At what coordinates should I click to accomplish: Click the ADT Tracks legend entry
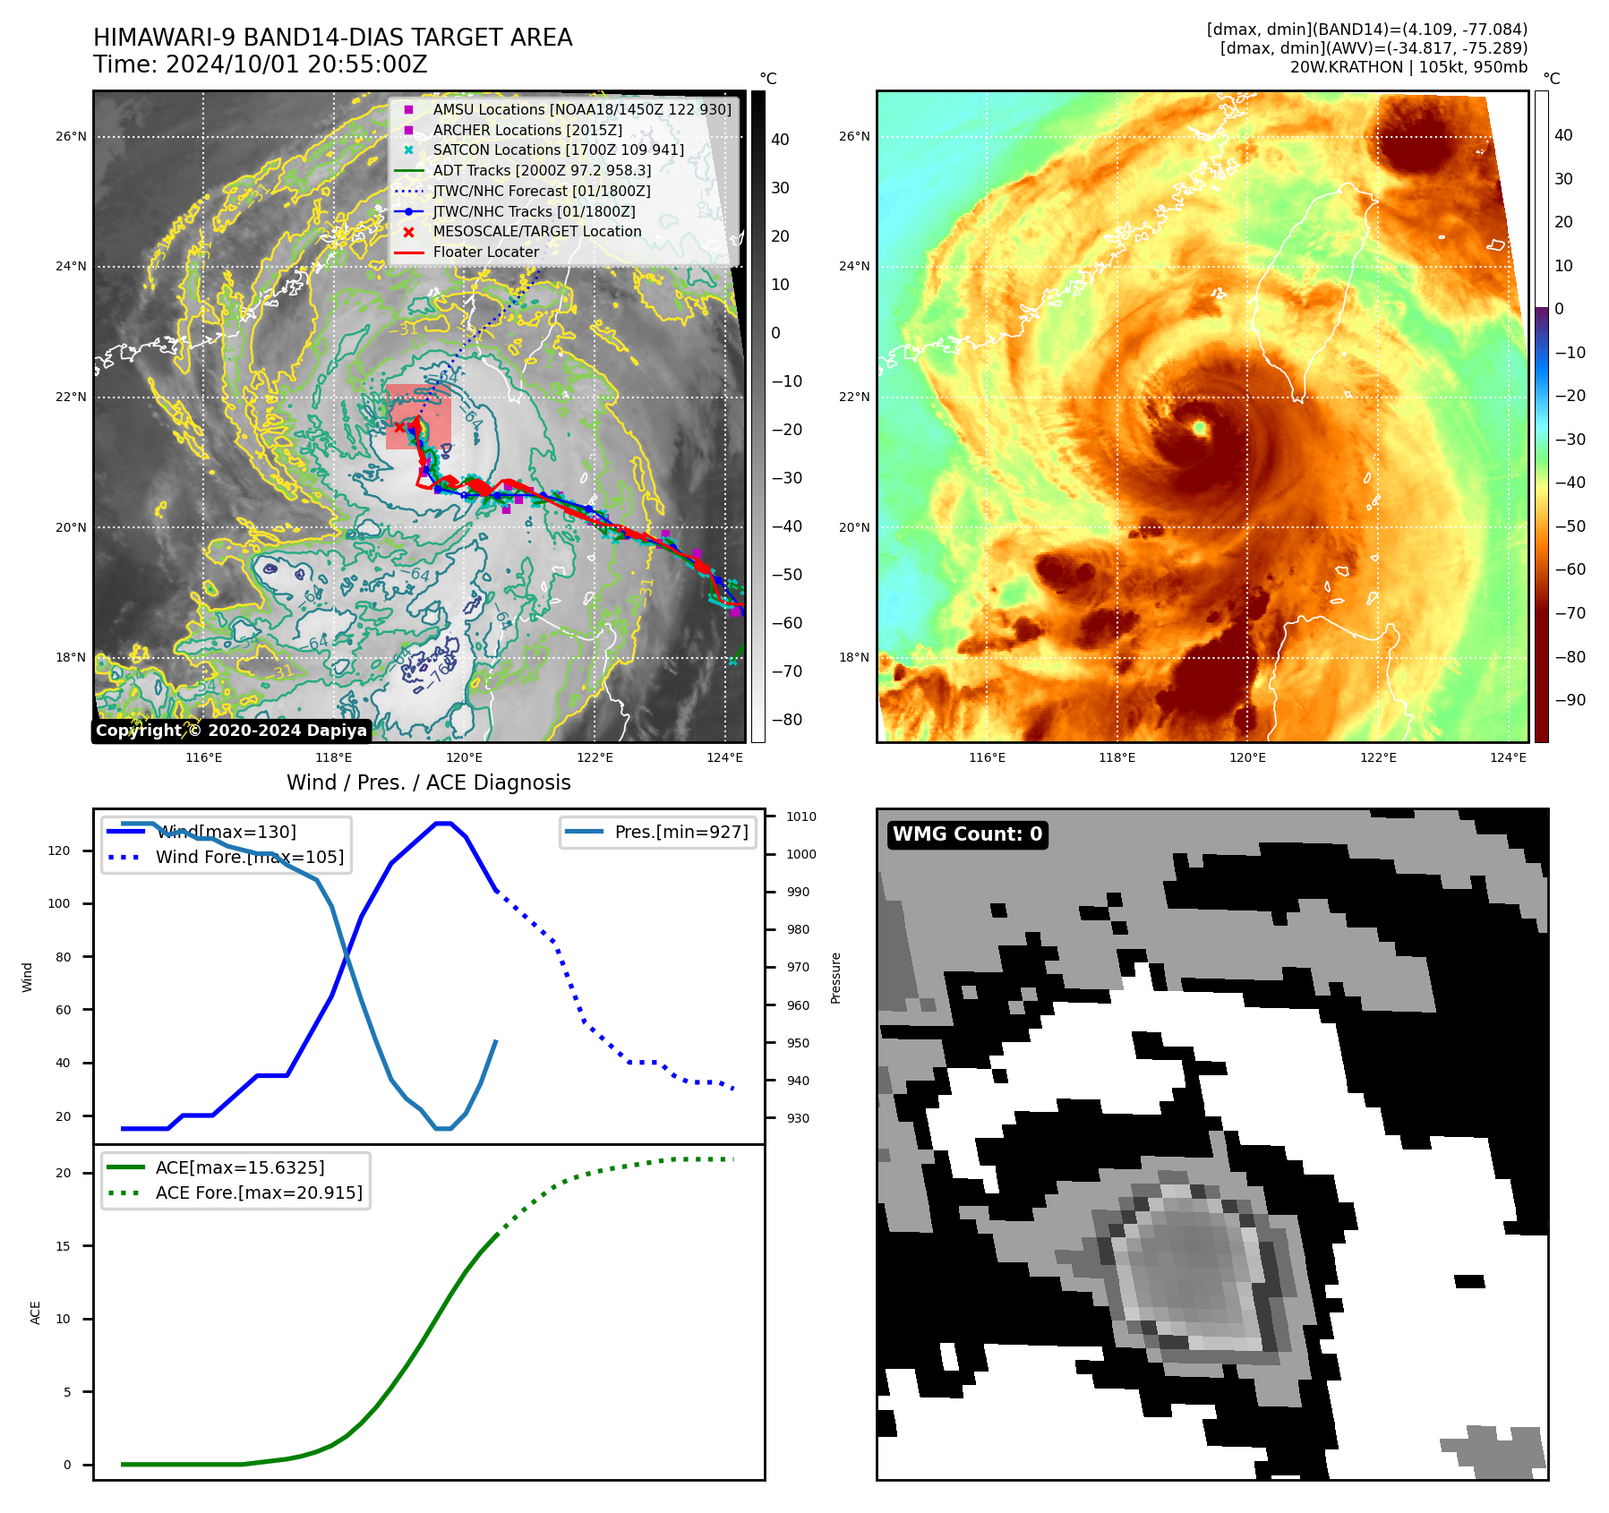coord(542,170)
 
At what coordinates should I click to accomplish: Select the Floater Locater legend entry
coord(486,252)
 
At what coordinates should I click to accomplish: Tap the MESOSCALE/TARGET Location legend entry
coord(537,231)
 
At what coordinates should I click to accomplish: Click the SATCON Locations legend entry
coord(558,150)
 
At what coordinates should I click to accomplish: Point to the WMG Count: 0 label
coord(967,834)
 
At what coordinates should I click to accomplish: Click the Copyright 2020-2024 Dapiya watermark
coord(231,731)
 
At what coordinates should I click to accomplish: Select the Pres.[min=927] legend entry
coord(681,832)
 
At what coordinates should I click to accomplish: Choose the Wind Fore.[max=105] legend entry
coord(249,857)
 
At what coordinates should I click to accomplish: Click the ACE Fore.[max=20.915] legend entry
coord(259,1192)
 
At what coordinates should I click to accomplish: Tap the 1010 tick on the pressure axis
coord(801,816)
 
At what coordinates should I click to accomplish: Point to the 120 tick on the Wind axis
coord(59,851)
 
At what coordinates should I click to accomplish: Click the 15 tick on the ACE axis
coord(63,1246)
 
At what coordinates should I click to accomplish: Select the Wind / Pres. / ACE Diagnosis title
coord(428,782)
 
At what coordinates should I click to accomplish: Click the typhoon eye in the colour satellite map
coord(1200,429)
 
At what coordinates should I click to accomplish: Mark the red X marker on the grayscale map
coord(399,427)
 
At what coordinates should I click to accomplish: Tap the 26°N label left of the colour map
coord(854,137)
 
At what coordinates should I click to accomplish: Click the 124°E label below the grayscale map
coord(724,757)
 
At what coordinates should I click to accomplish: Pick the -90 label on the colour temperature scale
coord(1570,700)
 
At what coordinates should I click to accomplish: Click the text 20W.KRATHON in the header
coord(1346,67)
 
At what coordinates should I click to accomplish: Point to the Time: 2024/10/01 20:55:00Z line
coord(260,64)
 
